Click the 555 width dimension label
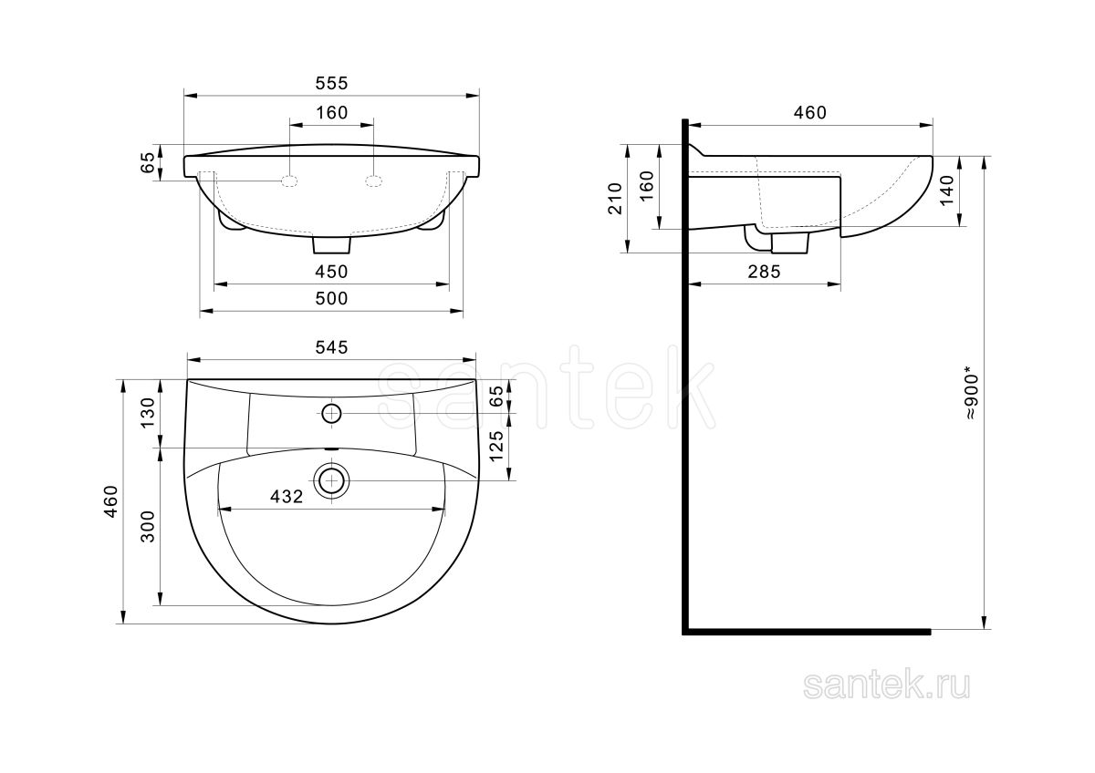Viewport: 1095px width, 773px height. tap(331, 84)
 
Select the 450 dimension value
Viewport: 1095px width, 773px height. tap(331, 272)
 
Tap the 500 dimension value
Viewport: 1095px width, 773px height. tap(331, 298)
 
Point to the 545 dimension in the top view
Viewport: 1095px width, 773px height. tap(331, 347)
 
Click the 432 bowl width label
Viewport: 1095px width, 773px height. tap(287, 497)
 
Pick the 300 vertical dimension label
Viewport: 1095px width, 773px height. tap(148, 526)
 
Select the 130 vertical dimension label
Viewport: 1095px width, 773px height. tap(148, 413)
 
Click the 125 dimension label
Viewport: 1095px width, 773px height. tap(496, 446)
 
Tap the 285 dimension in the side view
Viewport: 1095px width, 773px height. tap(764, 272)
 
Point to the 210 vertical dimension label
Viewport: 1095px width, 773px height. tap(615, 199)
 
